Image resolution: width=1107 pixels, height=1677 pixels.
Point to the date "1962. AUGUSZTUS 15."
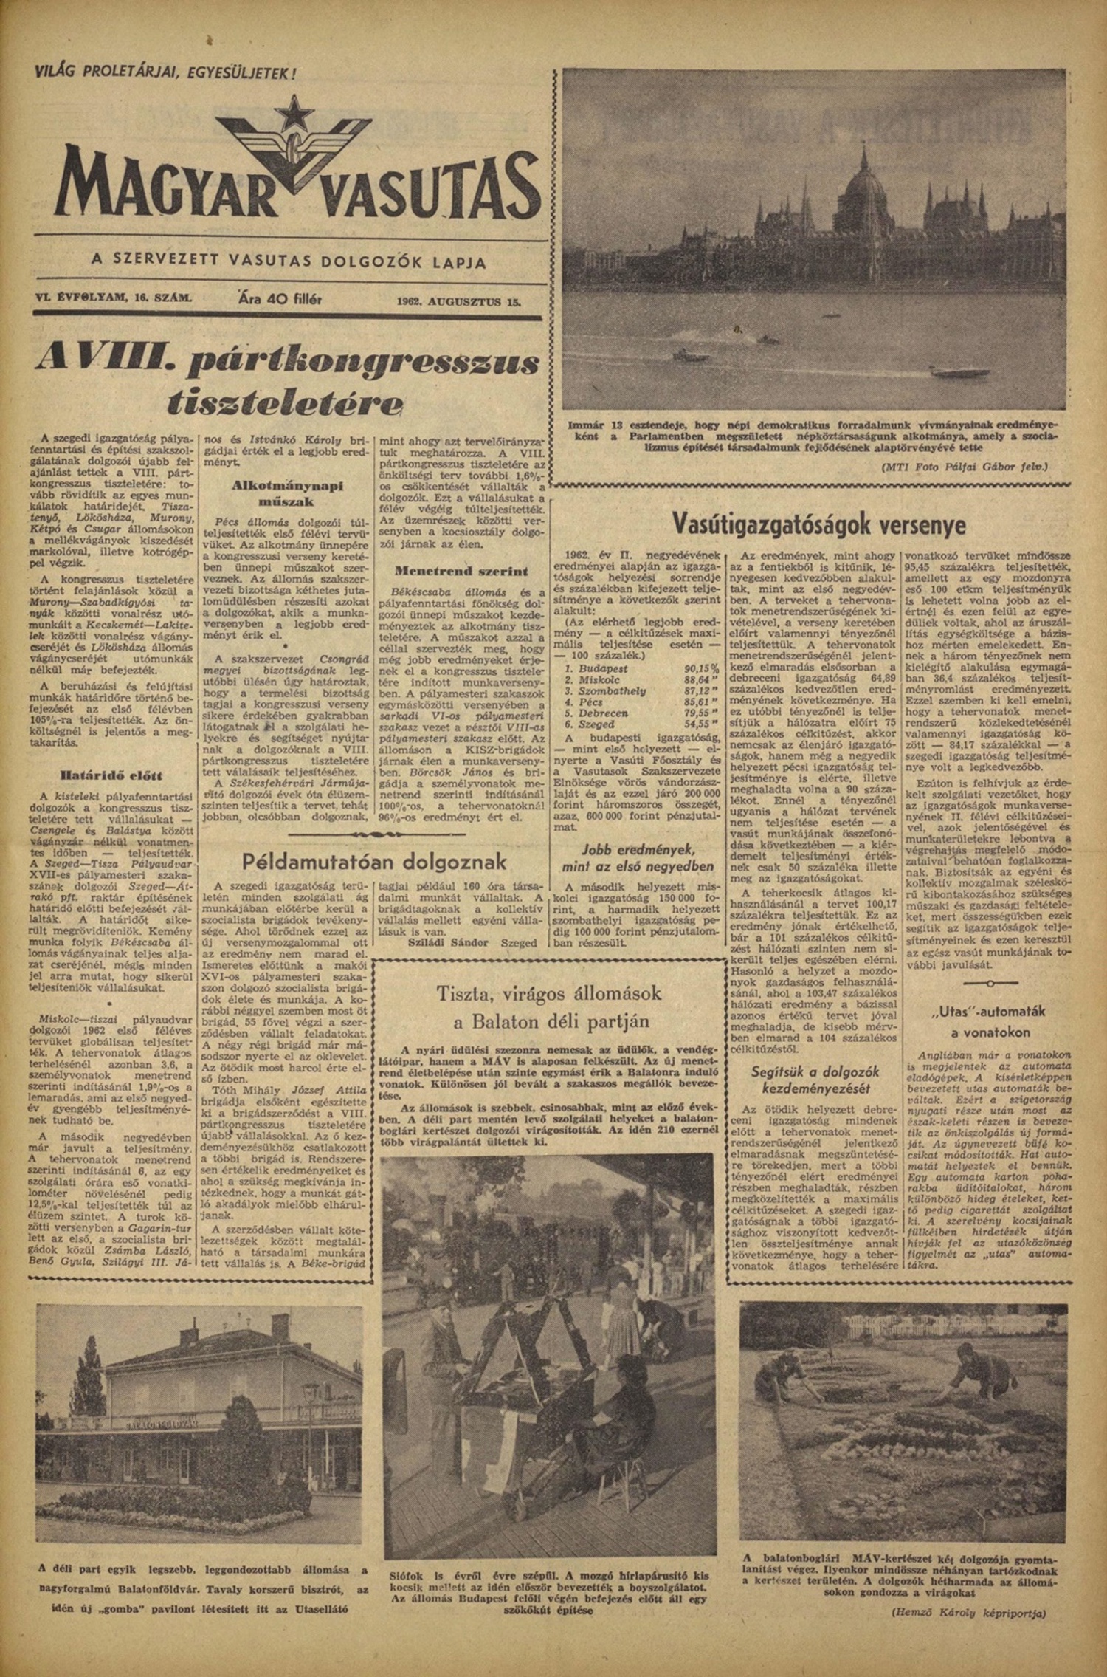(x=458, y=301)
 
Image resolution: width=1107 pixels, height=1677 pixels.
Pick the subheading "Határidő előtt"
(x=111, y=776)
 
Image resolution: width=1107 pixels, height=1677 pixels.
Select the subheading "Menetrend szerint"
(x=461, y=572)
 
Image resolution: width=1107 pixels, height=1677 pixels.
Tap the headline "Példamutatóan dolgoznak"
(x=375, y=862)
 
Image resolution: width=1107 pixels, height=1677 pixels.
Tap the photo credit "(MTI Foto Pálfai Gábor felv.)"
(x=964, y=467)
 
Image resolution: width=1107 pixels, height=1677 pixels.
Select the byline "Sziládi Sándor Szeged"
(x=472, y=944)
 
